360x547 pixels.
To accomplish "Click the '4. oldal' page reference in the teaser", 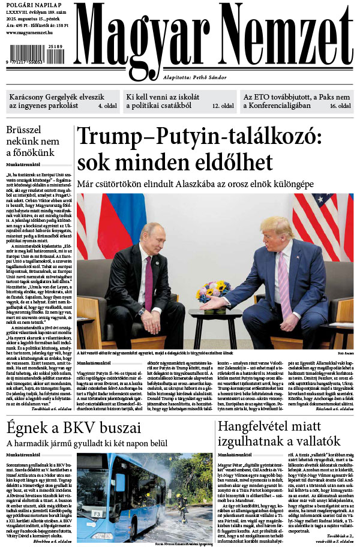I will point(108,105).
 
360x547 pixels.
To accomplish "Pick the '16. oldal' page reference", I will point(340,105).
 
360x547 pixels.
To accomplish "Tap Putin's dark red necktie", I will point(149,282).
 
